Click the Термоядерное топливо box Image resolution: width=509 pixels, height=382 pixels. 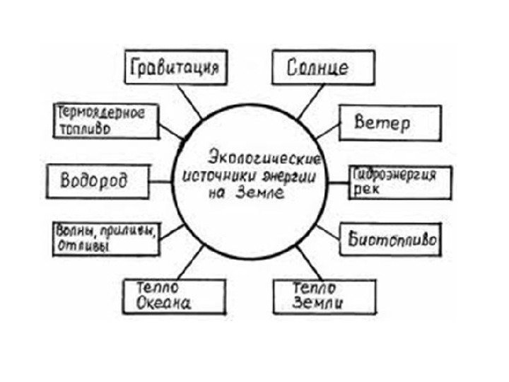pyautogui.click(x=106, y=122)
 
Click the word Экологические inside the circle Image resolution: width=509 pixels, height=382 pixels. pyautogui.click(x=264, y=156)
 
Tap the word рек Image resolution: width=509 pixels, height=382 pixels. pyautogui.click(x=362, y=190)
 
